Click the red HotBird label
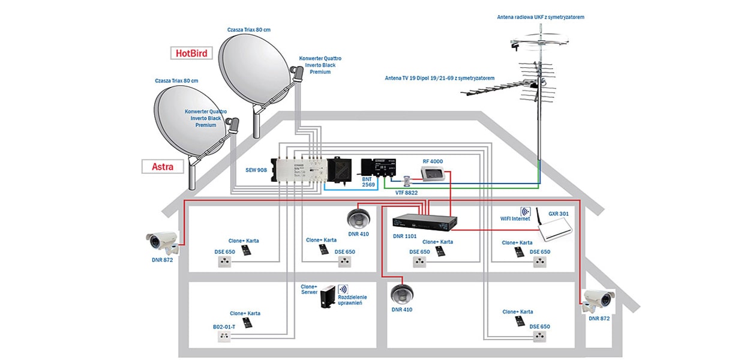(191, 53)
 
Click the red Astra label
(162, 166)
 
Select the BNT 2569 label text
(367, 181)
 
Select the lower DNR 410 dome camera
(402, 293)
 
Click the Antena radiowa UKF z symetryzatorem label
(540, 17)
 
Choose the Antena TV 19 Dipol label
(440, 79)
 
